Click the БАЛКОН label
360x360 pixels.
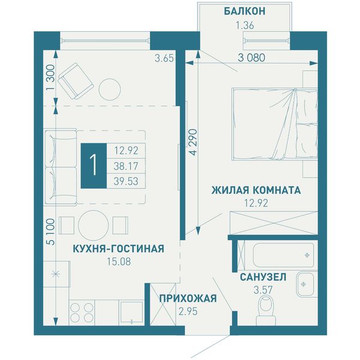coord(245,11)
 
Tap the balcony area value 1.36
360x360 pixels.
coord(245,25)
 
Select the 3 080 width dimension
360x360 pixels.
coord(251,58)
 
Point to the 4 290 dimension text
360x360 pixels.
coord(194,142)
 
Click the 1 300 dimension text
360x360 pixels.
coord(51,77)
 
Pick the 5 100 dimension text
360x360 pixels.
coord(51,232)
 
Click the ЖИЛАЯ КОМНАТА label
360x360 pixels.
coord(256,190)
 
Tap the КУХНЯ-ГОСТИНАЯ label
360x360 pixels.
coord(118,248)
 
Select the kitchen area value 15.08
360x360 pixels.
coord(119,262)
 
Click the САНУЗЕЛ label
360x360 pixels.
coord(263,277)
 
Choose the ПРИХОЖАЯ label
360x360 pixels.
coord(188,298)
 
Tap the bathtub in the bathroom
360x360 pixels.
coord(283,255)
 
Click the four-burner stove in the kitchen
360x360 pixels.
coord(82,313)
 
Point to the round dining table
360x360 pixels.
coord(93,226)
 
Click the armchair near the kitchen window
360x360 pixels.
coord(76,81)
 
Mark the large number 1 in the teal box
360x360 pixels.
coord(94,166)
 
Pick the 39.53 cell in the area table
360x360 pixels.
coord(126,181)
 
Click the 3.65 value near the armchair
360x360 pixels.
coord(164,58)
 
